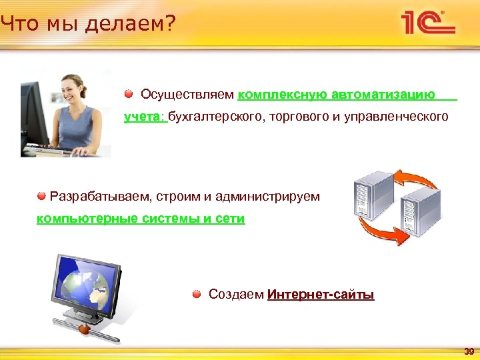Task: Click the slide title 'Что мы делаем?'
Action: point(87,25)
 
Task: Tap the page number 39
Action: point(468,351)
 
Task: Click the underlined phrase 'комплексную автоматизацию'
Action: point(336,95)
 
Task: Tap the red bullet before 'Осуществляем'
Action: point(129,94)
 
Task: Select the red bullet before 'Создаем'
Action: point(197,294)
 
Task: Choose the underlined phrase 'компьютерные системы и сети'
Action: point(141,219)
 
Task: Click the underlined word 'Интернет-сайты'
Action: point(321,295)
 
